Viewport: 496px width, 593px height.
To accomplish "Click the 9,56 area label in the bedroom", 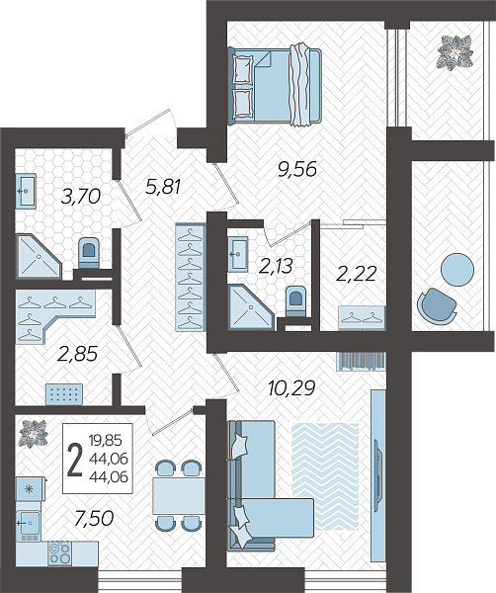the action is tap(296, 170).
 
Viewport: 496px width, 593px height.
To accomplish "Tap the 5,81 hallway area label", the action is tap(163, 187).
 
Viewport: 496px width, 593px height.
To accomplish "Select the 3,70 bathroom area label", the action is tap(80, 197).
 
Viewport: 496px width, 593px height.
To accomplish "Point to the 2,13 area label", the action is tap(276, 266).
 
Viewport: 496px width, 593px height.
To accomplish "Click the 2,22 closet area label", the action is tap(356, 274).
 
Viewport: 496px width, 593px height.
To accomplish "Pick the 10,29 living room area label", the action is tap(291, 388).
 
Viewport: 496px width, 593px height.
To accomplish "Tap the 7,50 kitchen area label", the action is tap(94, 518).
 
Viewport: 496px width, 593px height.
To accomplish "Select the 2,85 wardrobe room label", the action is tap(77, 354).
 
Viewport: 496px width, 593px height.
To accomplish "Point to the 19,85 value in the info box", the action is tap(106, 440).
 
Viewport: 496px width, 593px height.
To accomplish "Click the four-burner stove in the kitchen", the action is tap(59, 553).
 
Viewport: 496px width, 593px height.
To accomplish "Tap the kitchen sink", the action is tap(29, 523).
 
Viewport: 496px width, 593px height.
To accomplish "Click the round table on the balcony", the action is tap(457, 270).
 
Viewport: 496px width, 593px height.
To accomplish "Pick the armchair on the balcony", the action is tap(437, 304).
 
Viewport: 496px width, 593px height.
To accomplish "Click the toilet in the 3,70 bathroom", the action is tap(89, 252).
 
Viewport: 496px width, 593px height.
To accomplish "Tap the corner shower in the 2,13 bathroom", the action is tap(250, 307).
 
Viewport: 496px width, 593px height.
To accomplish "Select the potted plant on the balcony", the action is tap(455, 51).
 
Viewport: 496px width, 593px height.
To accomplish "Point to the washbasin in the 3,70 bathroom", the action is tap(26, 191).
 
